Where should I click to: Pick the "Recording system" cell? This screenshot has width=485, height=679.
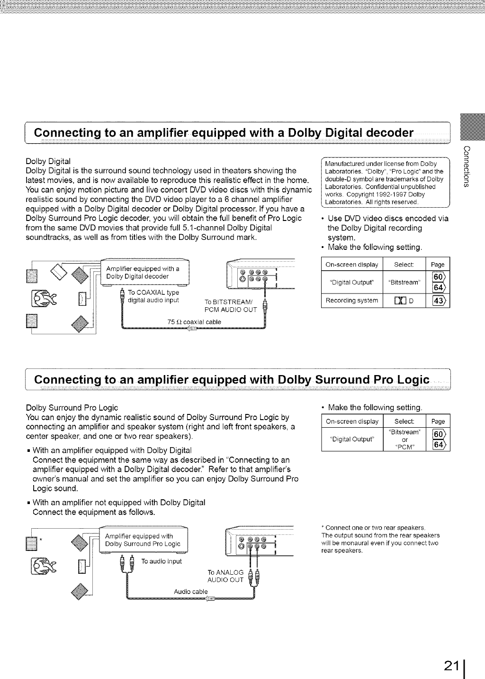coord(351,300)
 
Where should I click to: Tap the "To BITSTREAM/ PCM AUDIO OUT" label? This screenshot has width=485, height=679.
coord(230,306)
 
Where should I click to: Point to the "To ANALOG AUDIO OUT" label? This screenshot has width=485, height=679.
coord(225,576)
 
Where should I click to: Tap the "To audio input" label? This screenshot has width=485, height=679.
coord(161,561)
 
